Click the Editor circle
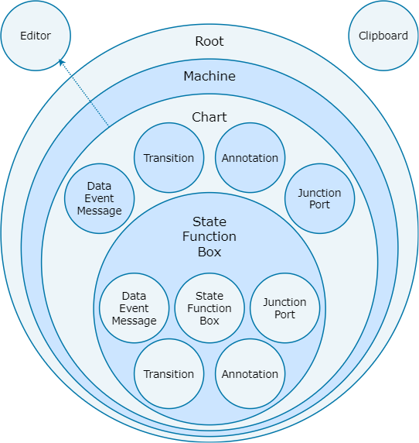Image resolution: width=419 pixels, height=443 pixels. click(x=36, y=36)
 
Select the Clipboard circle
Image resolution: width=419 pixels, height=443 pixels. click(x=383, y=36)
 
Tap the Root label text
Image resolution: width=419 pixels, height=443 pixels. click(x=209, y=41)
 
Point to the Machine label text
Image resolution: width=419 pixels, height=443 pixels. click(x=209, y=76)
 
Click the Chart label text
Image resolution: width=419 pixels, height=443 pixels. click(x=209, y=117)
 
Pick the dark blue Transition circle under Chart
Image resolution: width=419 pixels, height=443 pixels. click(x=169, y=158)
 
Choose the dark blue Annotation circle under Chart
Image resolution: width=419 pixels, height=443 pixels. click(x=250, y=158)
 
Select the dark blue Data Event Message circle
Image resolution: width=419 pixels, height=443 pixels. click(x=99, y=198)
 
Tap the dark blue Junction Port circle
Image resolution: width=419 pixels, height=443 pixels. click(x=319, y=198)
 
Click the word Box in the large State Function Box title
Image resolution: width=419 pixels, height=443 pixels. click(x=209, y=252)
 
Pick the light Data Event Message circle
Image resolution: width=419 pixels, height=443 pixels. click(x=134, y=308)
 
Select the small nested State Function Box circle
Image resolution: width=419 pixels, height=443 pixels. click(x=209, y=308)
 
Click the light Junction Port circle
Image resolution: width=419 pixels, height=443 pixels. click(x=284, y=308)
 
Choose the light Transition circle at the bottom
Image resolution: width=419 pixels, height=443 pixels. click(x=169, y=374)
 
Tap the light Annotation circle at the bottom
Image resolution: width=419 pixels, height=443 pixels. click(x=250, y=374)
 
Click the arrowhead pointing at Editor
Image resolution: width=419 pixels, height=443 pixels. click(x=61, y=62)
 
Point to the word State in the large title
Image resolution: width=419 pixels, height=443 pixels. click(x=209, y=221)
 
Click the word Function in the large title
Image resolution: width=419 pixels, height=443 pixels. click(x=209, y=236)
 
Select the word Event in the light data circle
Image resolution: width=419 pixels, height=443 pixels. click(x=134, y=308)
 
